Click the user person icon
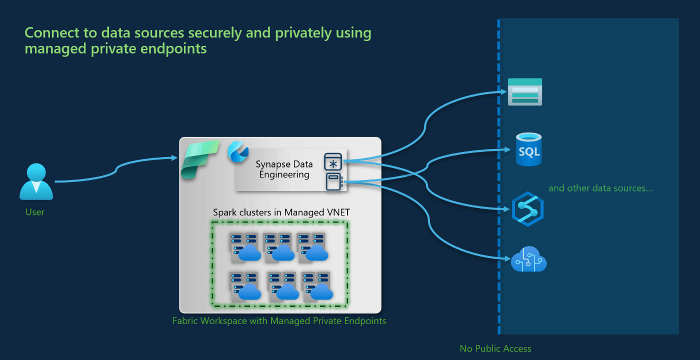pos(36,181)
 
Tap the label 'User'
pos(35,212)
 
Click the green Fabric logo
pos(200,159)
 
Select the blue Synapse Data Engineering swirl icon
pos(238,152)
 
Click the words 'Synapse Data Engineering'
pos(284,169)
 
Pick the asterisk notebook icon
pos(333,161)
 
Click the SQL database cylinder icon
pos(529,149)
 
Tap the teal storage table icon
pos(525,92)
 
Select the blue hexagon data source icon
pos(528,209)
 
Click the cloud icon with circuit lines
pos(529,259)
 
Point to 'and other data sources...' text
pos(600,188)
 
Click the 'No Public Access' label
pos(495,348)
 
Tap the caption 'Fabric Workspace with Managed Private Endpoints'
pos(279,321)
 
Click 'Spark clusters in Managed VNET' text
pos(281,212)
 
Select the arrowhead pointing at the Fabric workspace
pos(174,158)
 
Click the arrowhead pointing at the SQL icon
pos(507,149)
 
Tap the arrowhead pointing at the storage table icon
pos(504,91)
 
